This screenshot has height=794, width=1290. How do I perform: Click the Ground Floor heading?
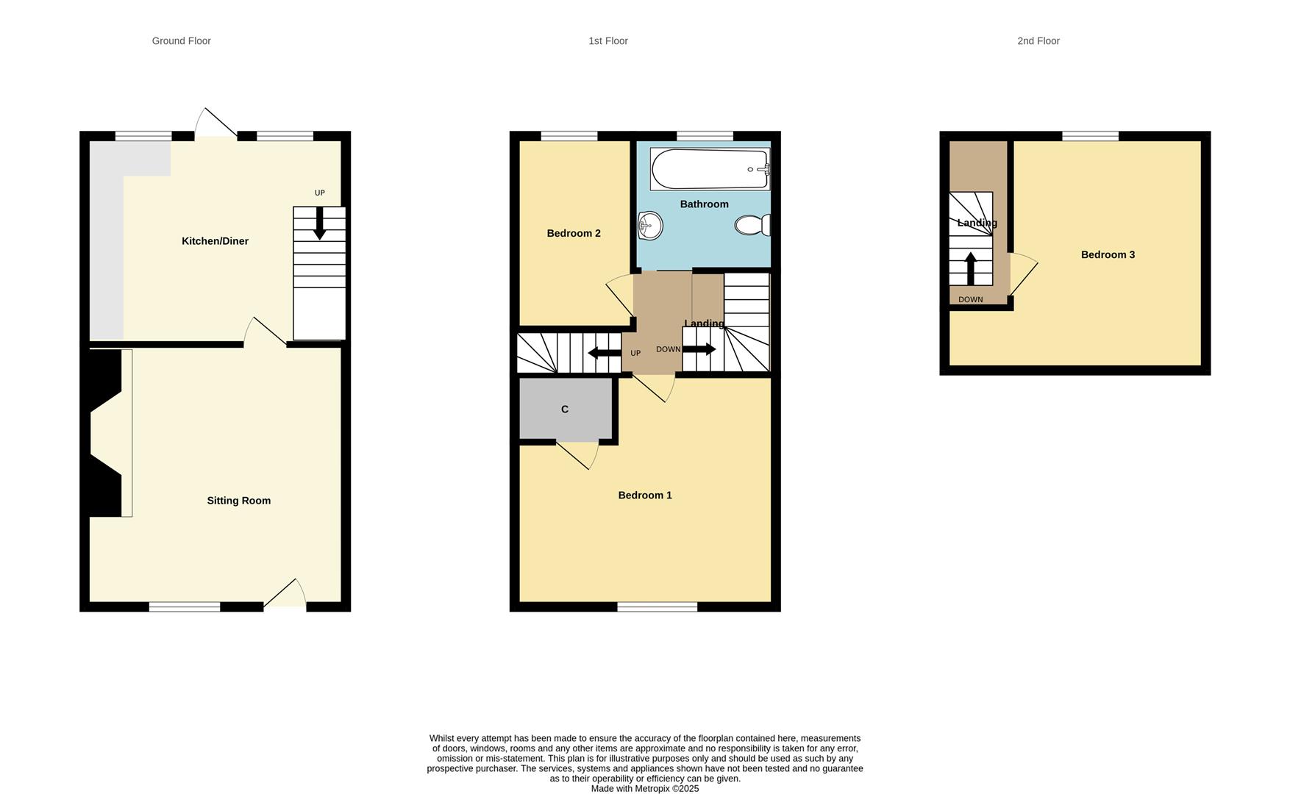(181, 41)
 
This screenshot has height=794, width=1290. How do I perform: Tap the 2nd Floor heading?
(1038, 41)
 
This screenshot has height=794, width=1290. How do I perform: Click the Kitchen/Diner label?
(215, 241)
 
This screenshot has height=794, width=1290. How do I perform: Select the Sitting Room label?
(238, 501)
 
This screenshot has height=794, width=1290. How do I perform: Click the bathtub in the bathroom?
(709, 169)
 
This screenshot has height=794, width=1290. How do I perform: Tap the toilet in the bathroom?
(752, 225)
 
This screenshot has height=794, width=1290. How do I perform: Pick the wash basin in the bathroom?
(650, 226)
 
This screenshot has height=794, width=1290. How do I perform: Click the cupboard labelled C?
(565, 409)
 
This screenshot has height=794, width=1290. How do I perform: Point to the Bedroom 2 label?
(574, 234)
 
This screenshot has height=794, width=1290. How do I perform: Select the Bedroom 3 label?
(1108, 255)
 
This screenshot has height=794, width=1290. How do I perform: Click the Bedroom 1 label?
(645, 496)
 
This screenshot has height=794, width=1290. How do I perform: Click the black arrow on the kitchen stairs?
(319, 223)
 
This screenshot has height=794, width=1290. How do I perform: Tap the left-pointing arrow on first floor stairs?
(605, 353)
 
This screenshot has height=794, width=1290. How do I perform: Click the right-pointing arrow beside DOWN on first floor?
(699, 349)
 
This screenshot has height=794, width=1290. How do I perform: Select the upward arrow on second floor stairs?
(970, 268)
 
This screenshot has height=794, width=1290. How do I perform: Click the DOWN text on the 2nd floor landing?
(970, 300)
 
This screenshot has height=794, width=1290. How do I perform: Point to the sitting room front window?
(185, 607)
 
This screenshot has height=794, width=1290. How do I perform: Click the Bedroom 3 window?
(1090, 136)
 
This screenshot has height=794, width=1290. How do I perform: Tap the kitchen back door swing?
(215, 124)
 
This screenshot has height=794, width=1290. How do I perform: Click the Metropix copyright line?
(644, 789)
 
